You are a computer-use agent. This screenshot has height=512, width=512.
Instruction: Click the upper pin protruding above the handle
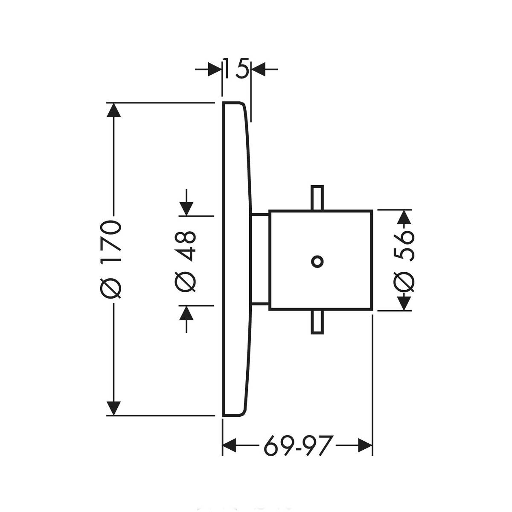click(x=317, y=197)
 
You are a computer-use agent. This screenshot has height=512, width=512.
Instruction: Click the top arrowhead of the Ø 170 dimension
click(x=113, y=110)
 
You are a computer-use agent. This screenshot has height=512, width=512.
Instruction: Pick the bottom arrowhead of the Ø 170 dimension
click(x=113, y=407)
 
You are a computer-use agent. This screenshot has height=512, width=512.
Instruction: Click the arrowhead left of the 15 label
click(x=214, y=68)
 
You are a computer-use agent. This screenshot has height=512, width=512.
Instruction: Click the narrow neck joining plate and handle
click(x=260, y=260)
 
